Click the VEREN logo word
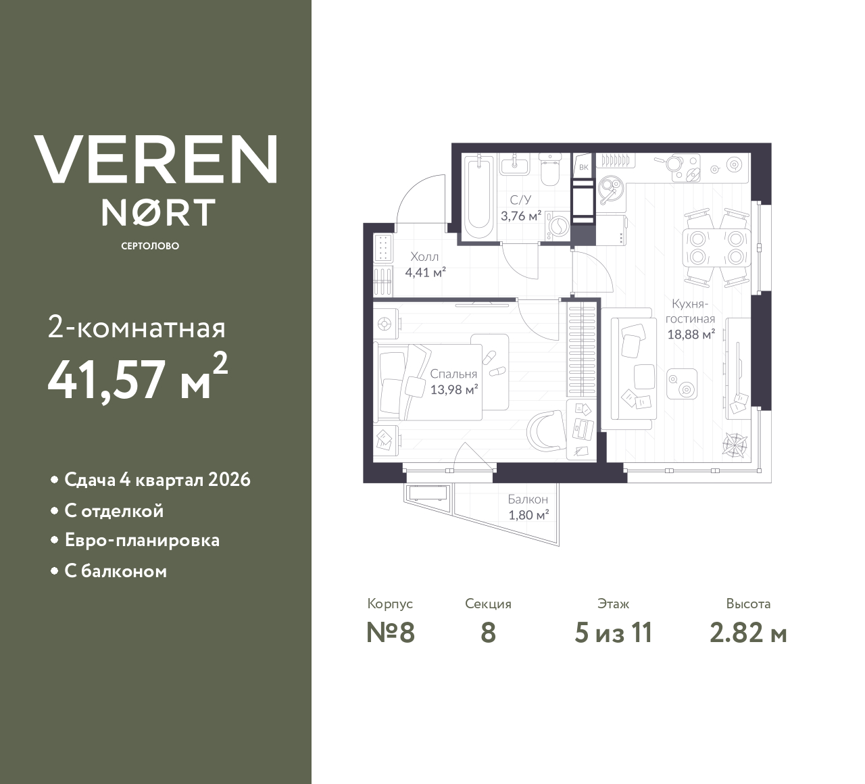155,160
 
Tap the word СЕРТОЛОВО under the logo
150,246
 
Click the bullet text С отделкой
114,511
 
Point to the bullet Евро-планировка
141,541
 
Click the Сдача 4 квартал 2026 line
157,480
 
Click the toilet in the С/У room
551,172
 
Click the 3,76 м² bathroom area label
521,216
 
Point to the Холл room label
424,257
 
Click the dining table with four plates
716,247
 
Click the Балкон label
528,499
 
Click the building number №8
390,633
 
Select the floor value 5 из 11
613,633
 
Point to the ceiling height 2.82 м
748,633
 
